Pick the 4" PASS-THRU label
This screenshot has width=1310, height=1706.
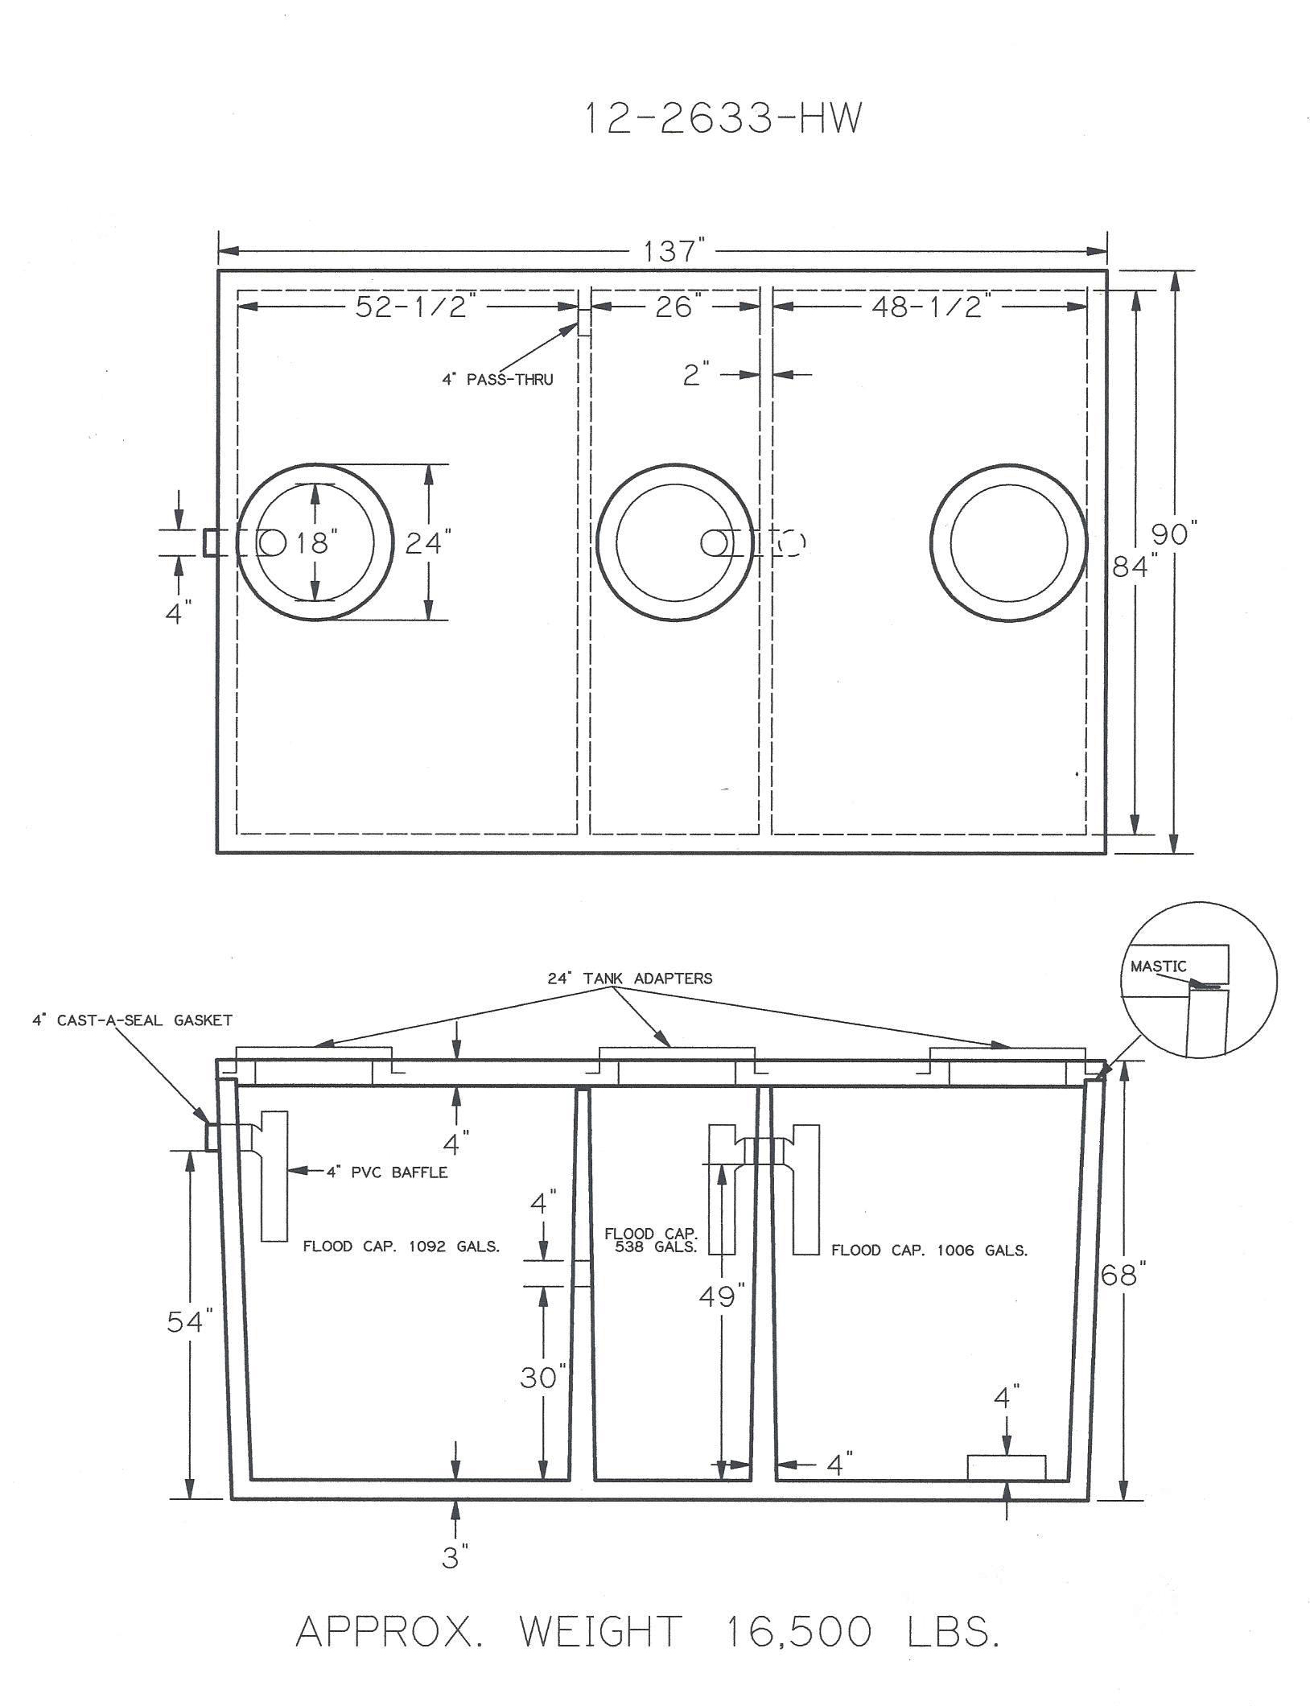(x=497, y=379)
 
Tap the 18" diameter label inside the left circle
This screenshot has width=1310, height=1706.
(x=313, y=543)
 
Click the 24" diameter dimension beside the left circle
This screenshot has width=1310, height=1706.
(x=424, y=543)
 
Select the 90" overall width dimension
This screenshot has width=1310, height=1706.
(x=1176, y=534)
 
